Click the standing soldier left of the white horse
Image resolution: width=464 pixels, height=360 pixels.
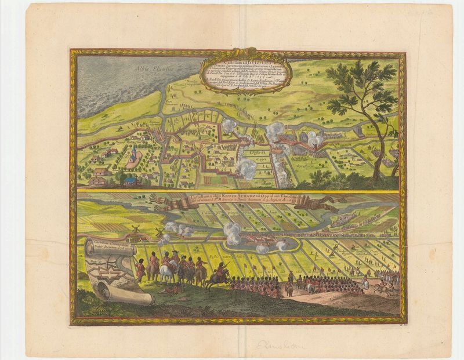tap(140, 270)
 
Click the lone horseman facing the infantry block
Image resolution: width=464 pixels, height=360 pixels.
tap(290, 278)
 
